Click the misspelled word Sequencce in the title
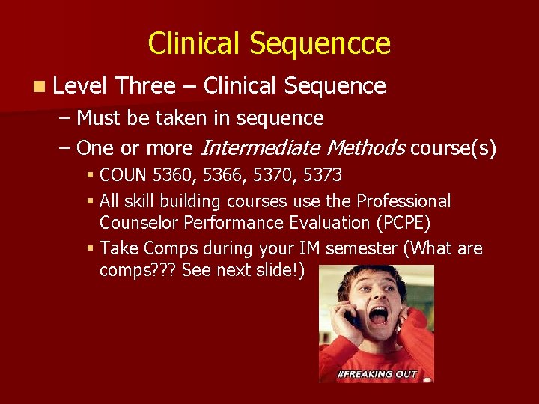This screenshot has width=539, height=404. point(320,44)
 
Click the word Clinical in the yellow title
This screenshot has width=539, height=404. point(195,44)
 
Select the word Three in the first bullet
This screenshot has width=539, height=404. point(146,86)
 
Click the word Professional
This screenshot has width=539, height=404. point(404,201)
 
